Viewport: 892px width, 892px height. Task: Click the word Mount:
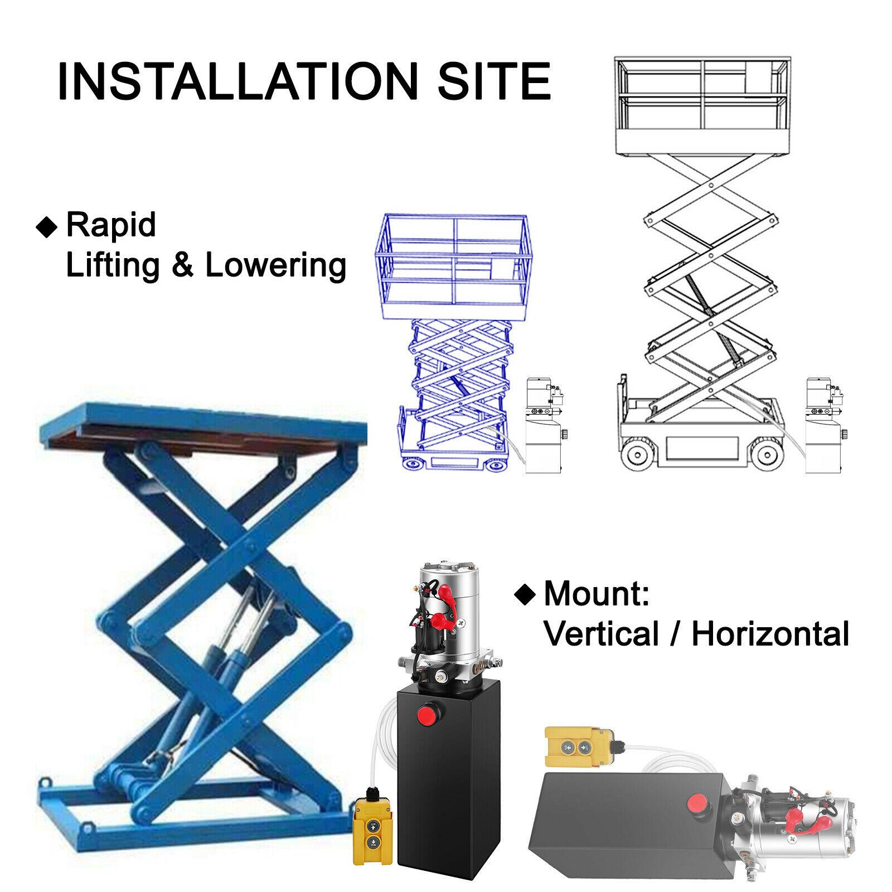click(x=597, y=594)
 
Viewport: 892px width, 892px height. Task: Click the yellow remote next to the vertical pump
click(x=375, y=830)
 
